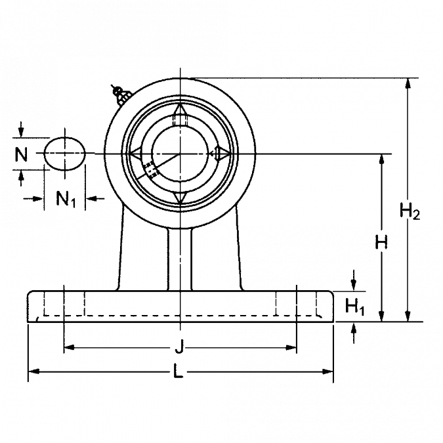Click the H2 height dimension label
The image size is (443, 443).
[410, 211]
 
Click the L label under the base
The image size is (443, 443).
[180, 373]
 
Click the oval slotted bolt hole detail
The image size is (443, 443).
[65, 156]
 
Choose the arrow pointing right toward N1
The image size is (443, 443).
[38, 197]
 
